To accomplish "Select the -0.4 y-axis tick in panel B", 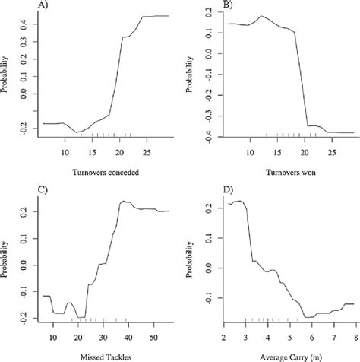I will click(x=210, y=136).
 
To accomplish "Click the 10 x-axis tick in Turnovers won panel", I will click(x=248, y=152).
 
